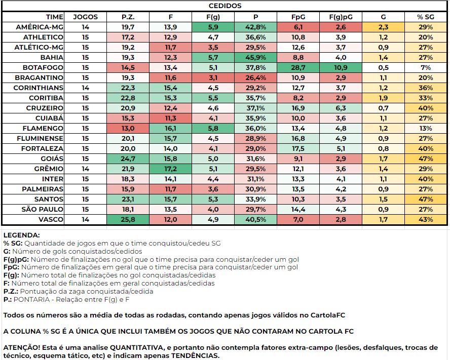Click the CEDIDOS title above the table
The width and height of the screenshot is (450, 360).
(225, 7)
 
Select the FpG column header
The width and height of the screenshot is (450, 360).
(298, 17)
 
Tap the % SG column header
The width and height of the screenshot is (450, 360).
(426, 17)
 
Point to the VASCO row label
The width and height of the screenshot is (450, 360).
(49, 219)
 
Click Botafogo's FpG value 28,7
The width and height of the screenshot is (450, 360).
(298, 67)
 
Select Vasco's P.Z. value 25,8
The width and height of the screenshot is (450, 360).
(128, 219)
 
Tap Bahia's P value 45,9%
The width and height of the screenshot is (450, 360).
(256, 57)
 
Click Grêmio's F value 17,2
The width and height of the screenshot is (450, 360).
(171, 169)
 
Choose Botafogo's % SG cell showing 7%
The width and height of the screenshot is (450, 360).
(426, 67)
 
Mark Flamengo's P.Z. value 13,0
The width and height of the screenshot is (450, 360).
(128, 128)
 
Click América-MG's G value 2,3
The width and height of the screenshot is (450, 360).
(383, 27)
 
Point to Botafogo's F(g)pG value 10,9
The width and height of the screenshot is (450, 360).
(341, 67)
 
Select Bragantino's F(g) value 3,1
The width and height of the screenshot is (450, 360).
(213, 77)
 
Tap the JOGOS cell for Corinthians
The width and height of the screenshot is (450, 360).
(85, 88)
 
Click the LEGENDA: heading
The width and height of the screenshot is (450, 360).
(21, 235)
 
